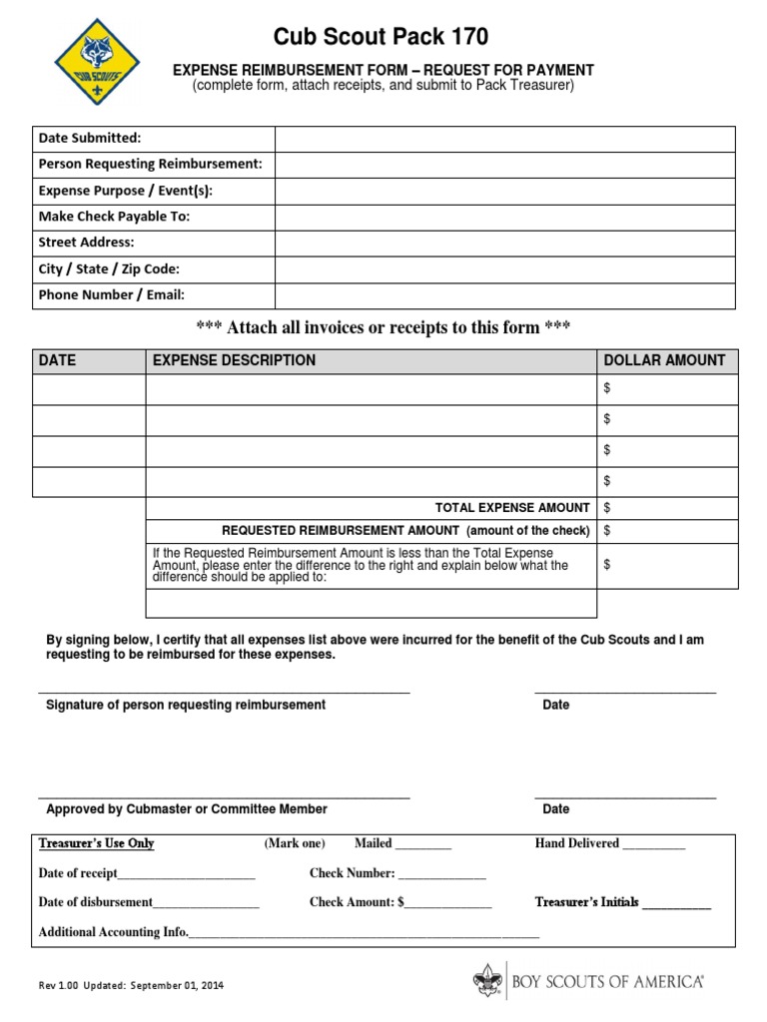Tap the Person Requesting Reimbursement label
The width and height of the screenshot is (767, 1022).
click(150, 164)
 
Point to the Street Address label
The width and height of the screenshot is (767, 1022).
click(86, 243)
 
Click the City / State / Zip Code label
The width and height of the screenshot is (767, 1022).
click(109, 269)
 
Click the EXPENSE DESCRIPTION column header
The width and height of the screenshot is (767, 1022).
click(234, 360)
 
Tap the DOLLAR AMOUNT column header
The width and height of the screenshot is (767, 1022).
click(664, 360)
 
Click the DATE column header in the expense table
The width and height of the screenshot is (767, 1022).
click(57, 360)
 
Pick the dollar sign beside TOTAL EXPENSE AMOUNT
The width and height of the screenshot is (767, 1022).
click(607, 508)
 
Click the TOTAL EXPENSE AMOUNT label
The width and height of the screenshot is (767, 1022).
click(512, 508)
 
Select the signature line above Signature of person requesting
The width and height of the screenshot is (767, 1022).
click(224, 691)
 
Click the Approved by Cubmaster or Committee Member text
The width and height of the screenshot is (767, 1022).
click(187, 809)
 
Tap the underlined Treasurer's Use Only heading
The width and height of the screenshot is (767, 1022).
click(96, 843)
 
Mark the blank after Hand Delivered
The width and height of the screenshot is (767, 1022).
click(654, 845)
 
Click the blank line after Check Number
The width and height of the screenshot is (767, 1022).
click(442, 875)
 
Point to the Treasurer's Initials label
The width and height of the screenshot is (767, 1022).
click(587, 902)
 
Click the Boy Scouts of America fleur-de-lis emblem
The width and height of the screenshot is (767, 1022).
click(486, 982)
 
